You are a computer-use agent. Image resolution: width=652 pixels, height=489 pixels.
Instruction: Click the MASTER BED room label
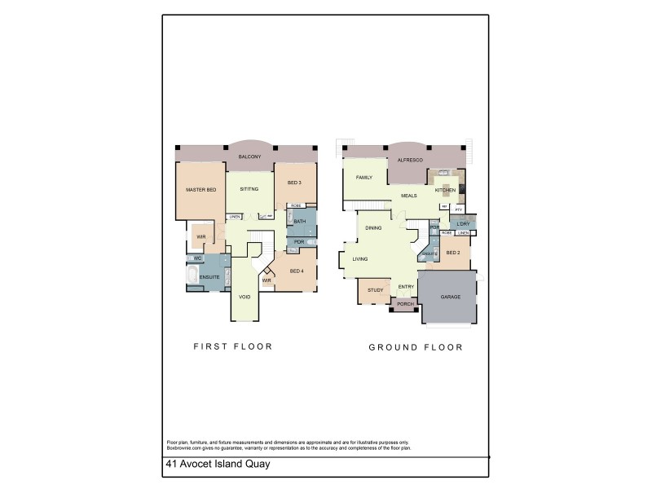click(x=200, y=190)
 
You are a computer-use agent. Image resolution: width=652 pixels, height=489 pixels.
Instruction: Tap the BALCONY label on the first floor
click(x=249, y=156)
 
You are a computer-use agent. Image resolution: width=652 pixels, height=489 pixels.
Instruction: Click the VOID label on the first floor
click(x=244, y=297)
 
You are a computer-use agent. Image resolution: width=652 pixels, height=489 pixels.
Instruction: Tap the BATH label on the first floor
click(x=300, y=222)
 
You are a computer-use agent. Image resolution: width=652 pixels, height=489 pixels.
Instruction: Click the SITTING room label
click(x=249, y=190)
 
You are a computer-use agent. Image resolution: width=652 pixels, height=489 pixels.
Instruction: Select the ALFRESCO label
click(x=409, y=161)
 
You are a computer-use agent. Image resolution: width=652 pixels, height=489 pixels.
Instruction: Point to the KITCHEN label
click(x=445, y=190)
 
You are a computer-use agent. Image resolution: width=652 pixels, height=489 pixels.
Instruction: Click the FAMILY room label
click(x=363, y=178)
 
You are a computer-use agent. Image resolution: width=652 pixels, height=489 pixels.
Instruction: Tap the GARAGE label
click(x=451, y=297)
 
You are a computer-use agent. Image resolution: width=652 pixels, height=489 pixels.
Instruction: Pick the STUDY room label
click(x=375, y=290)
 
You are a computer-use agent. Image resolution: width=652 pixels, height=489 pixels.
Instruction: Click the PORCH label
click(x=405, y=304)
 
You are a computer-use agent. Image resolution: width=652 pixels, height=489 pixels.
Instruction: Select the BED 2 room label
click(x=454, y=253)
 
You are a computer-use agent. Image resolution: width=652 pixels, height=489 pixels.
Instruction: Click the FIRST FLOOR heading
click(x=232, y=346)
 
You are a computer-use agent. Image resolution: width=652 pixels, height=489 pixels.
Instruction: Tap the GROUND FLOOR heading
click(x=416, y=347)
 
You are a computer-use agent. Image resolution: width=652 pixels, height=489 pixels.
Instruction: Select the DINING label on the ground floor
click(x=373, y=228)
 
